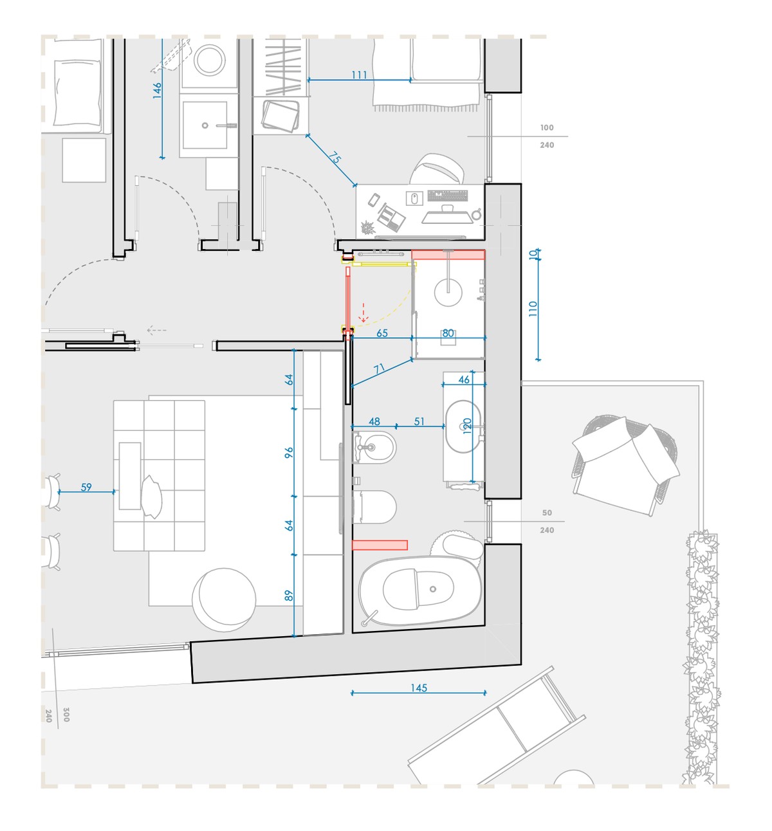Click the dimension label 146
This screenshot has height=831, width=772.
(157, 91)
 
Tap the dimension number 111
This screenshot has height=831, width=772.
(359, 75)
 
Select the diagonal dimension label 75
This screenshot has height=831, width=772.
(334, 158)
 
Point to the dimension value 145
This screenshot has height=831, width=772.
(418, 688)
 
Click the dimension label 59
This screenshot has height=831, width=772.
(86, 487)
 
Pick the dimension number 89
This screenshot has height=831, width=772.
(289, 596)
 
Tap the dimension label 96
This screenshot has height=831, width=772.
(289, 453)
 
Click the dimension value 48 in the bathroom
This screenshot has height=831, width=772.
(374, 421)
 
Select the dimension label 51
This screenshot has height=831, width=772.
(419, 421)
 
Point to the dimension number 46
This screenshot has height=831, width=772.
(464, 379)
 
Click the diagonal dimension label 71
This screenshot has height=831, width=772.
(379, 369)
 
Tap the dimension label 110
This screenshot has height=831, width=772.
(533, 309)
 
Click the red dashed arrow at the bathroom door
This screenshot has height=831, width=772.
(363, 312)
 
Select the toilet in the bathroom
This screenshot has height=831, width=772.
(374, 507)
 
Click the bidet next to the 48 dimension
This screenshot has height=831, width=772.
(374, 447)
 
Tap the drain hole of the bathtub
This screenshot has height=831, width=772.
(433, 589)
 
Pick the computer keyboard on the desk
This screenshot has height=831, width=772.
(448, 196)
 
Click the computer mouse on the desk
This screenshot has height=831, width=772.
(414, 198)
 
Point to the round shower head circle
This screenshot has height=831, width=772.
(448, 293)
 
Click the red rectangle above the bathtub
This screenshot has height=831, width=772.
(380, 545)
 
